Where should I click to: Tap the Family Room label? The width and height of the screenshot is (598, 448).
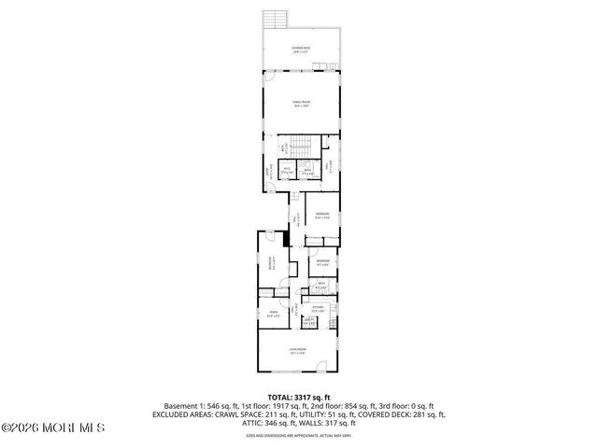(300, 104)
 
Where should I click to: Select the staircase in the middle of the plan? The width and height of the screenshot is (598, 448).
(299, 147)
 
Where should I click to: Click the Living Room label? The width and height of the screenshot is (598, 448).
(299, 351)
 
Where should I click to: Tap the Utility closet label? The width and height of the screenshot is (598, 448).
(308, 321)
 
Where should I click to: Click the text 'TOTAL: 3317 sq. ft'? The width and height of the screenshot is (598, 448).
(299, 397)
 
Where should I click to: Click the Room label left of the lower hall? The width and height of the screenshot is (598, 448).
(273, 313)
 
